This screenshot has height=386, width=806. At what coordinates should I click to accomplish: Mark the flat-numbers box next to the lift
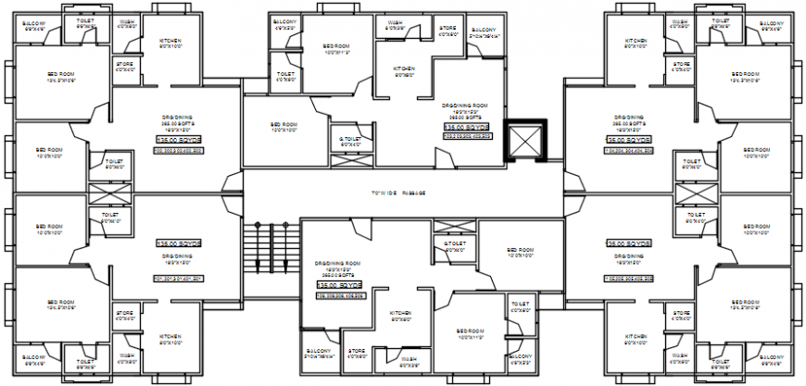pos(461,136)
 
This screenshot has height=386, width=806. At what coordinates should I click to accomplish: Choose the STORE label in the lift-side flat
pos(447,29)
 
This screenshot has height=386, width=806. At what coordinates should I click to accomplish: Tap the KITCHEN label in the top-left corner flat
pos(169,41)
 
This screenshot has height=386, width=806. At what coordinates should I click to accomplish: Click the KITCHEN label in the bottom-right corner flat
pos(636,337)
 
